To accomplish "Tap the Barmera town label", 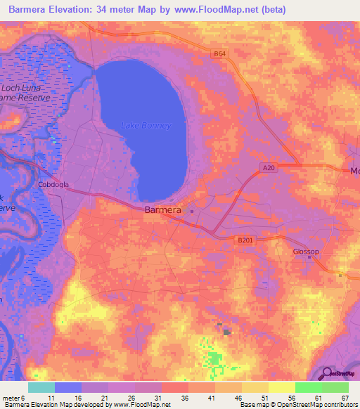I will (x=162, y=210).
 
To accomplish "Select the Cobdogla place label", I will (x=53, y=186).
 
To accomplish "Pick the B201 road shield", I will (x=245, y=240).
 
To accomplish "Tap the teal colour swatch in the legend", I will (x=41, y=387).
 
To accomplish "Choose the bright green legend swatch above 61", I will (x=308, y=387).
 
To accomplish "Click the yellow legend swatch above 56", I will (x=281, y=387).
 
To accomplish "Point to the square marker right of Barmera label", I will (x=192, y=211).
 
